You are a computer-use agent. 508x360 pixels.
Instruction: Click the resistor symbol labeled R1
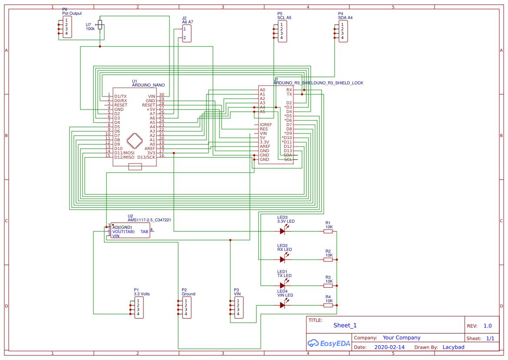(x=328, y=231)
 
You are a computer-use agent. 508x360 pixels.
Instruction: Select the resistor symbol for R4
(x=328, y=305)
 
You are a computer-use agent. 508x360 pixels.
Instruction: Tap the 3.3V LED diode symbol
(x=282, y=231)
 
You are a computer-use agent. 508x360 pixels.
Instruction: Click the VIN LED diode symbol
(x=282, y=305)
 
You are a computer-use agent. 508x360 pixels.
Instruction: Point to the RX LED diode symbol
(x=282, y=260)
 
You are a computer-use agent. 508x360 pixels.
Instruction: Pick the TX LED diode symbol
(x=282, y=286)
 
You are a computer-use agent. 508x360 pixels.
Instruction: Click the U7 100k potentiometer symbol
(x=100, y=25)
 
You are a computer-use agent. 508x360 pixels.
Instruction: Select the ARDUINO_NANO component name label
(x=148, y=85)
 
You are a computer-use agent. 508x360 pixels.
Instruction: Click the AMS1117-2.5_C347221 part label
(x=149, y=220)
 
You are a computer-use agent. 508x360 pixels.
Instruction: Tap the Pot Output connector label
(x=72, y=13)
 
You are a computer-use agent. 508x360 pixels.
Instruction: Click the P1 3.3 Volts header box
(x=139, y=307)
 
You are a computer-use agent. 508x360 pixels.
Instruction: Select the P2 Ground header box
(x=186, y=307)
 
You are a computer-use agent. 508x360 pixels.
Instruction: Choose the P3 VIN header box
(x=239, y=307)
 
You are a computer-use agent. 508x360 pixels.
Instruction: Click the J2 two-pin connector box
(x=186, y=33)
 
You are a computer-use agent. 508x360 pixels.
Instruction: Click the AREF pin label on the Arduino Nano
(x=149, y=148)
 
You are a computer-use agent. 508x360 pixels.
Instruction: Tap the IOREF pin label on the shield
(x=266, y=125)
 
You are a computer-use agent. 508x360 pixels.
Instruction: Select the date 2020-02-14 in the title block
(x=389, y=347)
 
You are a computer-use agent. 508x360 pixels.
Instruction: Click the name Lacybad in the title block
(x=453, y=347)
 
